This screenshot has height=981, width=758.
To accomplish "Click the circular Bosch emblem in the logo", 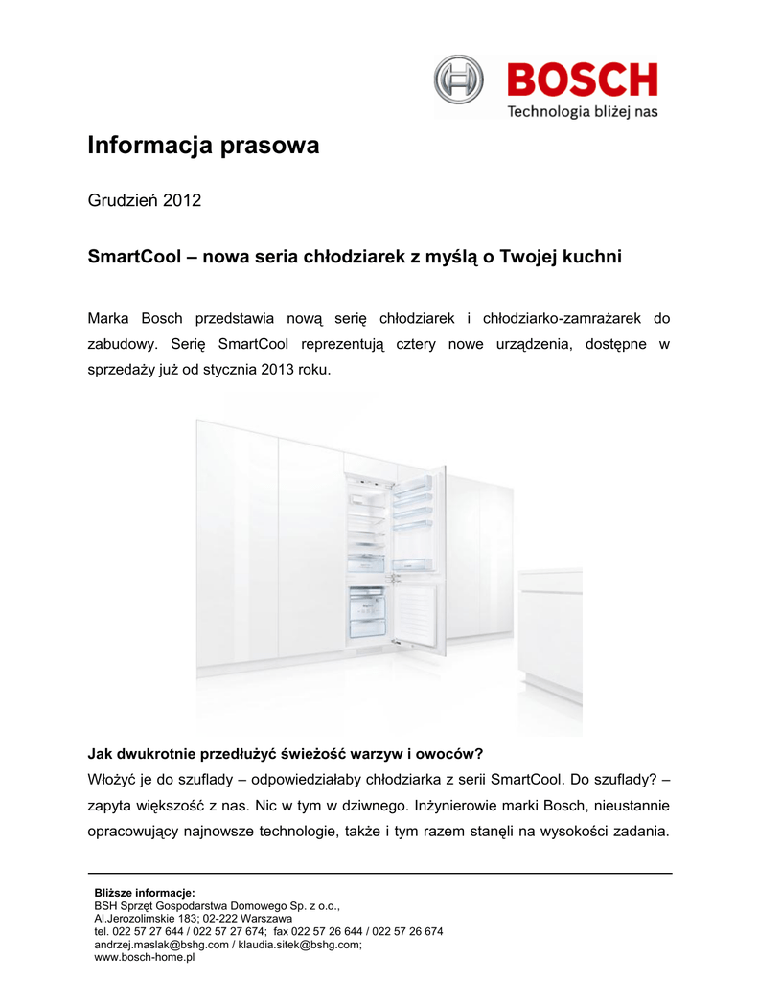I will coord(459,79).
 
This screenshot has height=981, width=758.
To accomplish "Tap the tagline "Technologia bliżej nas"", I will coord(582,112).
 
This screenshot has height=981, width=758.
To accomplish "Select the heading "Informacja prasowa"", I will coord(203,147).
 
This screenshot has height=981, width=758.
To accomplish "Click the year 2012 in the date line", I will coord(182,201).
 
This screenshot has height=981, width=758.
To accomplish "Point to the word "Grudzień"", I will coord(123,201).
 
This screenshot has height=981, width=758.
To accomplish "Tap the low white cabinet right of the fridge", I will coord(549,632).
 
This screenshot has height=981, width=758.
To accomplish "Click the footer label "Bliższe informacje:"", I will coord(144,893).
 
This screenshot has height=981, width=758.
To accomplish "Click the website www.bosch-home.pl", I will coord(144,956).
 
